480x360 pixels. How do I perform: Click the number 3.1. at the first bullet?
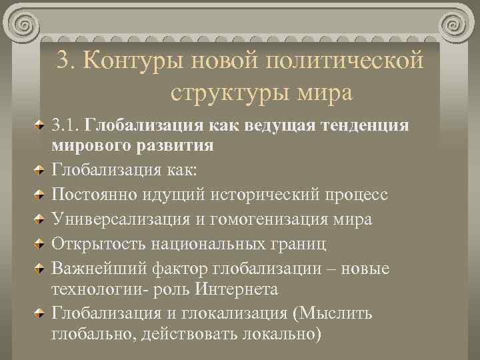[67, 125]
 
